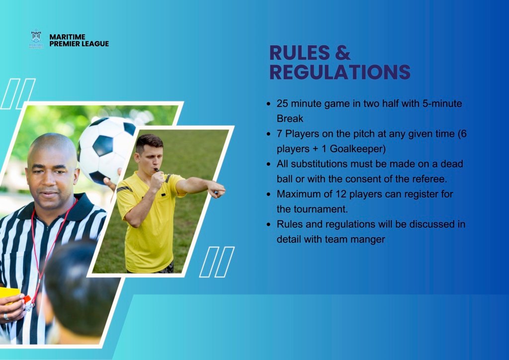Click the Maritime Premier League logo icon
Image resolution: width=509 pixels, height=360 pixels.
click(x=36, y=39)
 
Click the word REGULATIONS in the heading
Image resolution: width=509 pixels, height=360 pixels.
click(x=340, y=72)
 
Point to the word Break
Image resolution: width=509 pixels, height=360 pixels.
click(x=290, y=118)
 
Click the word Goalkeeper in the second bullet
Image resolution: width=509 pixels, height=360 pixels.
click(x=356, y=149)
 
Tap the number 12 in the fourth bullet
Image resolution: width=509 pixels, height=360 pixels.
click(x=334, y=194)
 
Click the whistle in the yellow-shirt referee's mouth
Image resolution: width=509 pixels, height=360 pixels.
click(x=157, y=170)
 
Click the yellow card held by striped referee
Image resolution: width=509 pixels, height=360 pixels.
click(x=10, y=294)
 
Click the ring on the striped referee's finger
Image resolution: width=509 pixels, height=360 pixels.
click(x=6, y=317)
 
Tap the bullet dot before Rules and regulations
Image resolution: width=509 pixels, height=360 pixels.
click(x=268, y=225)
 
